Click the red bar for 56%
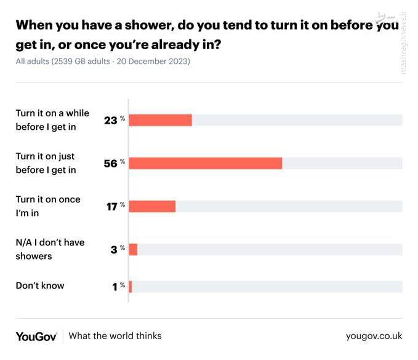click(205, 163)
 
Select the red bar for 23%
click(160, 120)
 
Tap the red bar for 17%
click(152, 206)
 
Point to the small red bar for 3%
click(133, 249)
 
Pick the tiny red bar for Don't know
click(131, 286)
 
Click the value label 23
click(110, 121)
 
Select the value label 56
click(110, 164)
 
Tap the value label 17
click(111, 207)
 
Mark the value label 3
click(114, 250)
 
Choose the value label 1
click(115, 287)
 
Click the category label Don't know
click(40, 286)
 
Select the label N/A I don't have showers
click(50, 249)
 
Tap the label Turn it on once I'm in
click(48, 206)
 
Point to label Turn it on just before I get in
click(46, 163)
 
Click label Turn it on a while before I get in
click(52, 120)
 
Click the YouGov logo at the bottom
click(36, 336)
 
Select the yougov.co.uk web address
click(374, 336)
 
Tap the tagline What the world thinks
click(115, 336)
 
